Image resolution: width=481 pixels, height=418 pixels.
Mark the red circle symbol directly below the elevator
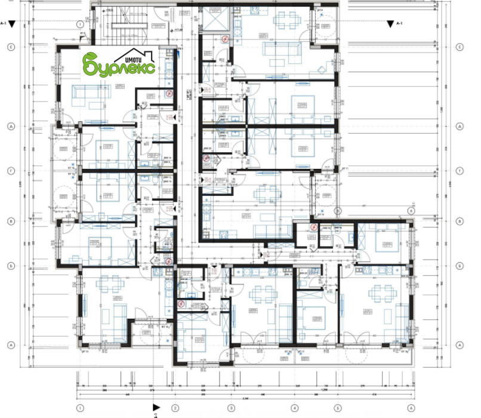(x=224, y=39)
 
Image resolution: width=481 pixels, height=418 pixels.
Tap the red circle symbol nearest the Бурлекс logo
(x=169, y=94)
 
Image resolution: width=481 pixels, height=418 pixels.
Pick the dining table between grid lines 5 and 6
(x=380, y=293)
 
